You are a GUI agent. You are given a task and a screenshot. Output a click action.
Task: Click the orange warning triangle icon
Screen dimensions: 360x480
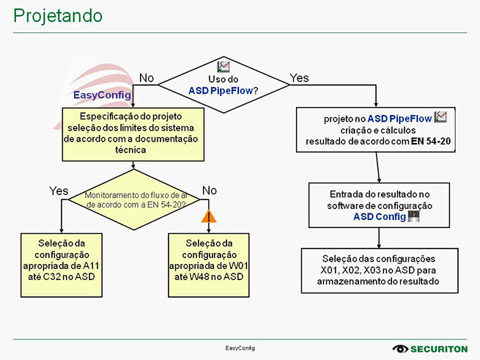click(210, 216)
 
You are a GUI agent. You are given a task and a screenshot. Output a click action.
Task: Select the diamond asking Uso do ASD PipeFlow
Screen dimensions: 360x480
click(224, 85)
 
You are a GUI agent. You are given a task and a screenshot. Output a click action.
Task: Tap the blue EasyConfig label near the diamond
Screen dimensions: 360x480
click(103, 95)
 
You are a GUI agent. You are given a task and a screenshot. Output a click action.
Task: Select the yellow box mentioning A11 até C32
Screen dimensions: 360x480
click(62, 260)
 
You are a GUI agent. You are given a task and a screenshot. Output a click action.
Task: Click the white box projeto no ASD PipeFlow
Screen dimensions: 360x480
click(377, 130)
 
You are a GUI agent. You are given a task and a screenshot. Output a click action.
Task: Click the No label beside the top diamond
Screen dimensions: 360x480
click(147, 77)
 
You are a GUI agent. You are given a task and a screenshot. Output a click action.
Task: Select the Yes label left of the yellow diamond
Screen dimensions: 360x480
click(59, 191)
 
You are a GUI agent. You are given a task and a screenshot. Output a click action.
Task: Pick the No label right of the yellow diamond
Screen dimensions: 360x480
click(210, 191)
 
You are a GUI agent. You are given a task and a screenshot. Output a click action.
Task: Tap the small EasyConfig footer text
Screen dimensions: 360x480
click(239, 348)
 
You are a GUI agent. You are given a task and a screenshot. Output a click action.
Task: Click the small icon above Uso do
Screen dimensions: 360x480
click(225, 66)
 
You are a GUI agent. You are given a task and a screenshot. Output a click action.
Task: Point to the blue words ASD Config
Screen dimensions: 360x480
click(378, 217)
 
